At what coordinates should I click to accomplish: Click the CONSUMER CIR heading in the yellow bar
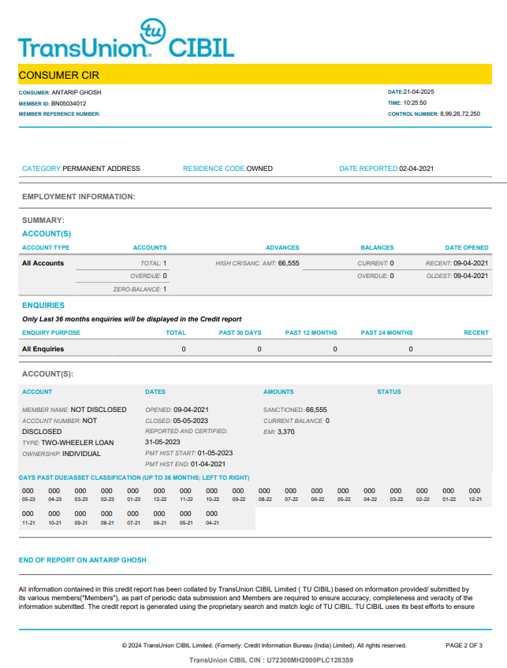tap(59, 76)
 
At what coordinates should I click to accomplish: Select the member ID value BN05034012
tap(69, 103)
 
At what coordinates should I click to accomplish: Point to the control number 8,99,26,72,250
tap(460, 113)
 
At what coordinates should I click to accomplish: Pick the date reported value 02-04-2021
tap(416, 169)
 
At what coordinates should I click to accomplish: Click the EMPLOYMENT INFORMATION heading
tap(79, 197)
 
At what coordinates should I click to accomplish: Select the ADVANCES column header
tap(282, 247)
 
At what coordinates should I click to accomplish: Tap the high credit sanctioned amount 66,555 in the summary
tap(289, 263)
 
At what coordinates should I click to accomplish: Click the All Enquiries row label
tap(43, 349)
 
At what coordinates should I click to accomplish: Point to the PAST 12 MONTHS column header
tap(311, 332)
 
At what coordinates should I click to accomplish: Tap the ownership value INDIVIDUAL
tap(82, 454)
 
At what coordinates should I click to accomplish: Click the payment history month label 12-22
tap(159, 499)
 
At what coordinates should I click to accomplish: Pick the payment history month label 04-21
tap(212, 522)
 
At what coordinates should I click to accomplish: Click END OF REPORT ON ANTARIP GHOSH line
tap(83, 560)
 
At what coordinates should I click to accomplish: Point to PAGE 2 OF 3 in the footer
tap(464, 645)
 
